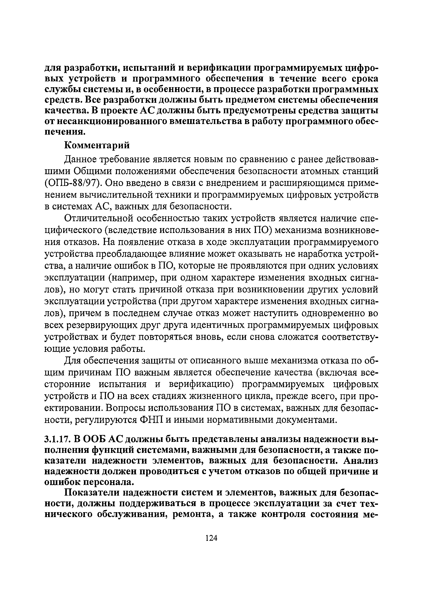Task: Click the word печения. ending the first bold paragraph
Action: pos(65,132)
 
